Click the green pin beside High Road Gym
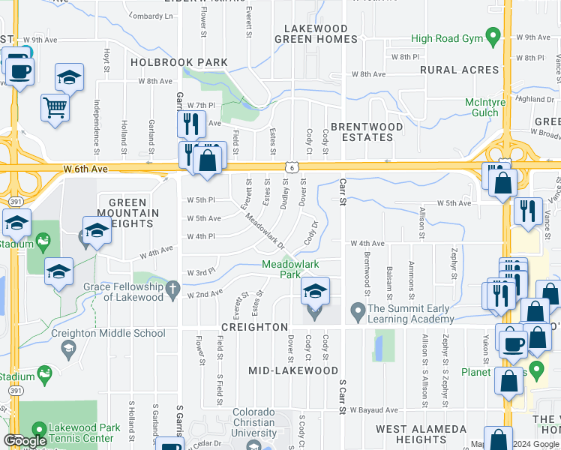point(493,35)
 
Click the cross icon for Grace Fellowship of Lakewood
point(172,287)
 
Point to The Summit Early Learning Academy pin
point(357,308)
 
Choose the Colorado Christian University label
point(265,422)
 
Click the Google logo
point(25,441)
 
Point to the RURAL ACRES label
point(459,70)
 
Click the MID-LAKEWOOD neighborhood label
point(293,370)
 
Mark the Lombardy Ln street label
point(150,16)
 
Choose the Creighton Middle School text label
point(108,334)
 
